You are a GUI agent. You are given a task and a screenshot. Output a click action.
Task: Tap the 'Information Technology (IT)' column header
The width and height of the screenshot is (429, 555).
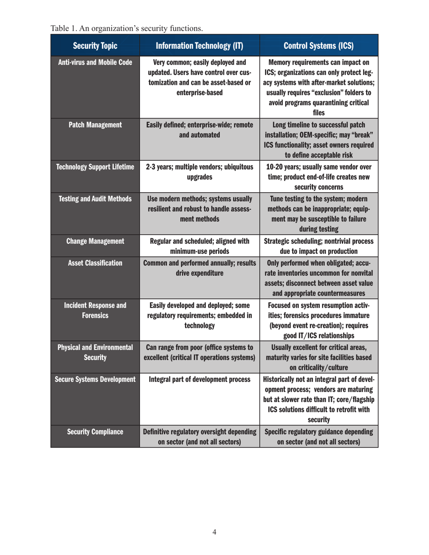pyautogui.click(x=199, y=46)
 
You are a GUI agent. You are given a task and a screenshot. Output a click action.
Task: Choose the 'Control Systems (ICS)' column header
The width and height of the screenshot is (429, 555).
pyautogui.click(x=319, y=46)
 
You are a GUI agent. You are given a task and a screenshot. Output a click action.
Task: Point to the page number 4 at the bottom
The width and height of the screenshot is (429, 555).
pyautogui.click(x=214, y=532)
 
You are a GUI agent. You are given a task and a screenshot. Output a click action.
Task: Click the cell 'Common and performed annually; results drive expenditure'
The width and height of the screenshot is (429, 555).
pyautogui.click(x=199, y=267)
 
